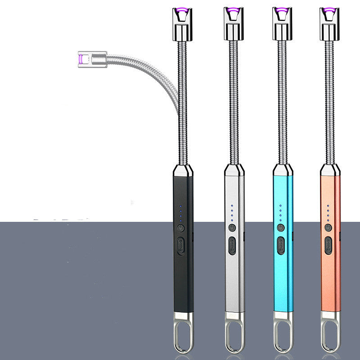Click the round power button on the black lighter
tap(181, 228)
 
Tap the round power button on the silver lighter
tap(232, 228)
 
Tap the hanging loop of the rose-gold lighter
tap(330, 333)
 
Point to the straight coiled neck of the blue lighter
tap(282, 99)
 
